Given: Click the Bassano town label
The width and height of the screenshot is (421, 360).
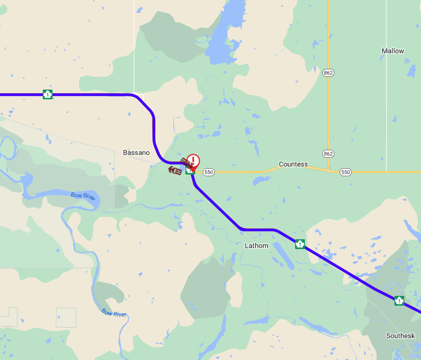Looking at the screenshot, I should [136, 153].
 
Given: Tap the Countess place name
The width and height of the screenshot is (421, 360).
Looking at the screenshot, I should [293, 164].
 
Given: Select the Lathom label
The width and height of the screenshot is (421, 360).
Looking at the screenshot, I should [256, 246].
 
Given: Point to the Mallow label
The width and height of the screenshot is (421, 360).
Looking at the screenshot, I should [393, 51].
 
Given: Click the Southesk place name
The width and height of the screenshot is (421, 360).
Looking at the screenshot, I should [400, 336].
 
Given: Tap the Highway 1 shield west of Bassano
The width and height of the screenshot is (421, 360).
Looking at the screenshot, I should [47, 94].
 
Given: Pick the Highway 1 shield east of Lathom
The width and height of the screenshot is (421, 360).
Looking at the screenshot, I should [300, 244].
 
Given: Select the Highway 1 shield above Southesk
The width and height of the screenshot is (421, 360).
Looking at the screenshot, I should [399, 300].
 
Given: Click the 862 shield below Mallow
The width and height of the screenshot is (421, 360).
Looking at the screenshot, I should [329, 73].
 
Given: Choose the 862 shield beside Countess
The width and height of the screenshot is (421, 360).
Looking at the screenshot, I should [329, 154].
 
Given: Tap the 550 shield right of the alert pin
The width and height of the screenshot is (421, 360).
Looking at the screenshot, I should [208, 172].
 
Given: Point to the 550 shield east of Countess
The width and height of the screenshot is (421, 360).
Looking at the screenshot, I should [345, 172].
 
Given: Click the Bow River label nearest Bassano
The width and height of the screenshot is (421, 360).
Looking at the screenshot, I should [82, 195].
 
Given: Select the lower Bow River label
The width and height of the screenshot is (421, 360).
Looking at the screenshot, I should [114, 313].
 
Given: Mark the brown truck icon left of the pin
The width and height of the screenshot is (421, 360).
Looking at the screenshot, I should [174, 170].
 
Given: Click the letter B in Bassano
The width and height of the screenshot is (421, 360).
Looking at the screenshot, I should [125, 153].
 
